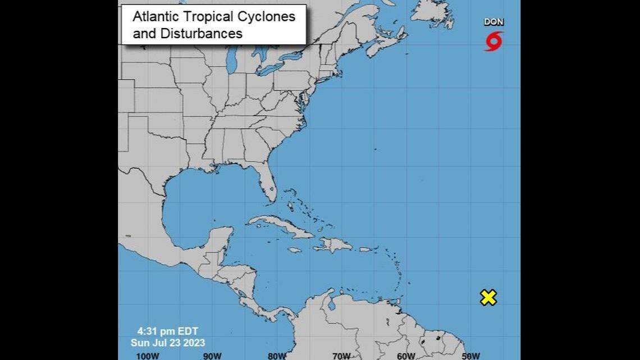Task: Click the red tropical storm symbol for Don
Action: coord(493,41)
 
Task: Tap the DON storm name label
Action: coord(493,22)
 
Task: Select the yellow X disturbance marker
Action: coord(488,298)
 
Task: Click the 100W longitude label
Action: coord(148,356)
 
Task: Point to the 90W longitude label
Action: coord(213,356)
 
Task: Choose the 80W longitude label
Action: coord(277,356)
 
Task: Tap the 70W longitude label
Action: coord(341,356)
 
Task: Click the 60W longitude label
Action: coord(406,356)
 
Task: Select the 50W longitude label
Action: coord(470,356)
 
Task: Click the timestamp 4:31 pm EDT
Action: coord(167,331)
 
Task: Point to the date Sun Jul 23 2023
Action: coord(168,343)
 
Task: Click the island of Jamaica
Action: coord(295,250)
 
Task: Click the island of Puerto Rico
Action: coord(365,249)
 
